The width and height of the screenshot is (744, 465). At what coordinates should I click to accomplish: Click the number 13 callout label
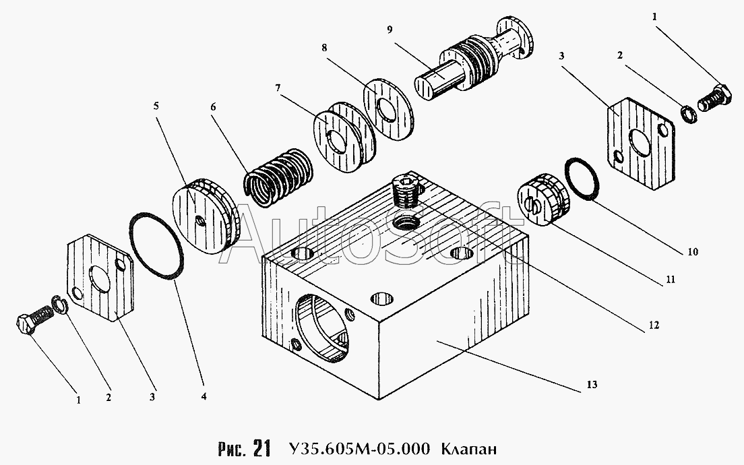point(592,385)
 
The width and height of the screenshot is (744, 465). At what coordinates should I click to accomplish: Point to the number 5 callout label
point(156,105)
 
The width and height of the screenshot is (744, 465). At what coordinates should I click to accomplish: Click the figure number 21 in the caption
point(262,447)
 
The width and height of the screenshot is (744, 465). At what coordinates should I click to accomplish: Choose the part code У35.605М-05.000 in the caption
point(358,448)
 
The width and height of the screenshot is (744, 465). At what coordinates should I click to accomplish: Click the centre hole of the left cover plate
point(100,280)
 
